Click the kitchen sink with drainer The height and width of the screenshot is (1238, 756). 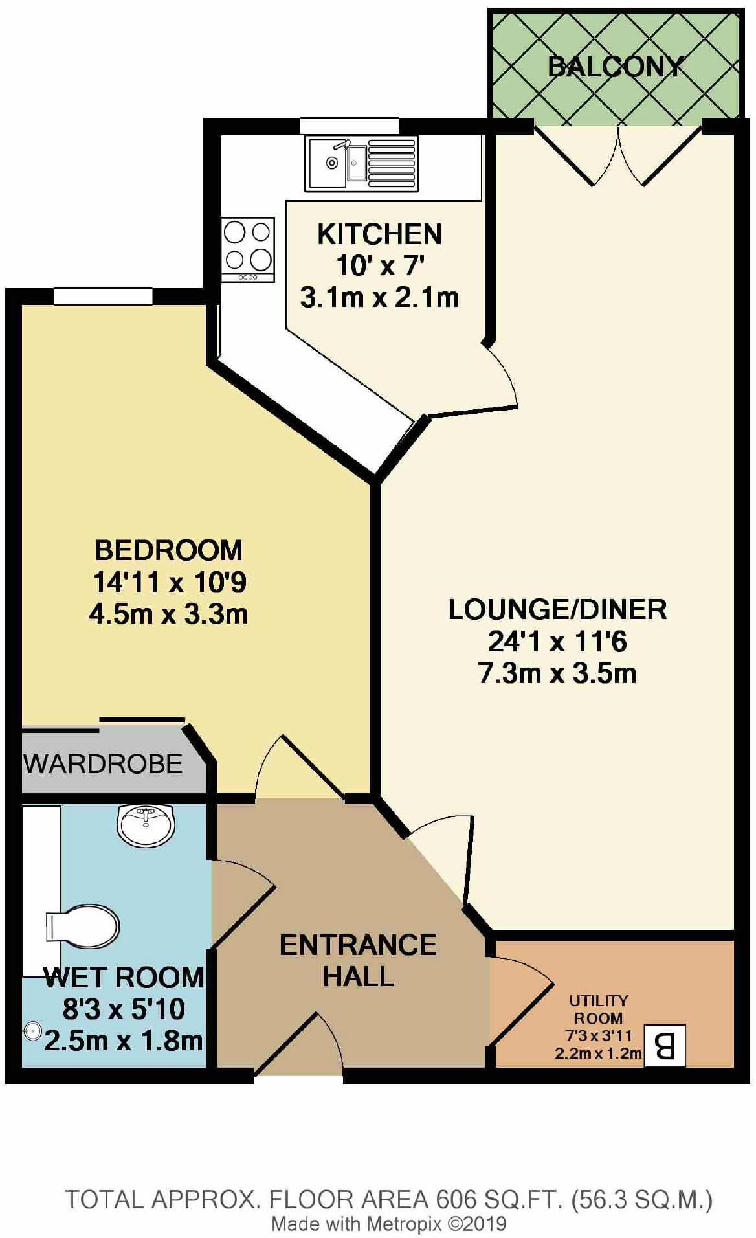click(361, 163)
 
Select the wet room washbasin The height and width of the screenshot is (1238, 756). click(146, 825)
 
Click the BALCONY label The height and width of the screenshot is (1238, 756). click(615, 67)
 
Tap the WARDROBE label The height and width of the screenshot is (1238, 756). click(104, 765)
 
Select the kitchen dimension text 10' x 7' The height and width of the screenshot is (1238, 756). click(380, 265)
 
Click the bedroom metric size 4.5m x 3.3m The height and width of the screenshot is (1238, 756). click(168, 614)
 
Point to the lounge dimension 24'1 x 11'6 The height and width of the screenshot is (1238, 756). click(557, 642)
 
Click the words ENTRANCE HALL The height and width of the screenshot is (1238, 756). click(358, 960)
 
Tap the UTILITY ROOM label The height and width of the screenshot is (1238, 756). click(598, 1008)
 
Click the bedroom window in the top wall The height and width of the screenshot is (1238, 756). click(103, 297)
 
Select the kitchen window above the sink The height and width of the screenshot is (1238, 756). click(349, 126)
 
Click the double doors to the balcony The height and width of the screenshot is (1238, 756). click(618, 155)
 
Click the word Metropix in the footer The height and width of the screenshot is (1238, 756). click(405, 1224)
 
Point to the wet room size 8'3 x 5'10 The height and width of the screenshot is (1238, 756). click(124, 1009)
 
